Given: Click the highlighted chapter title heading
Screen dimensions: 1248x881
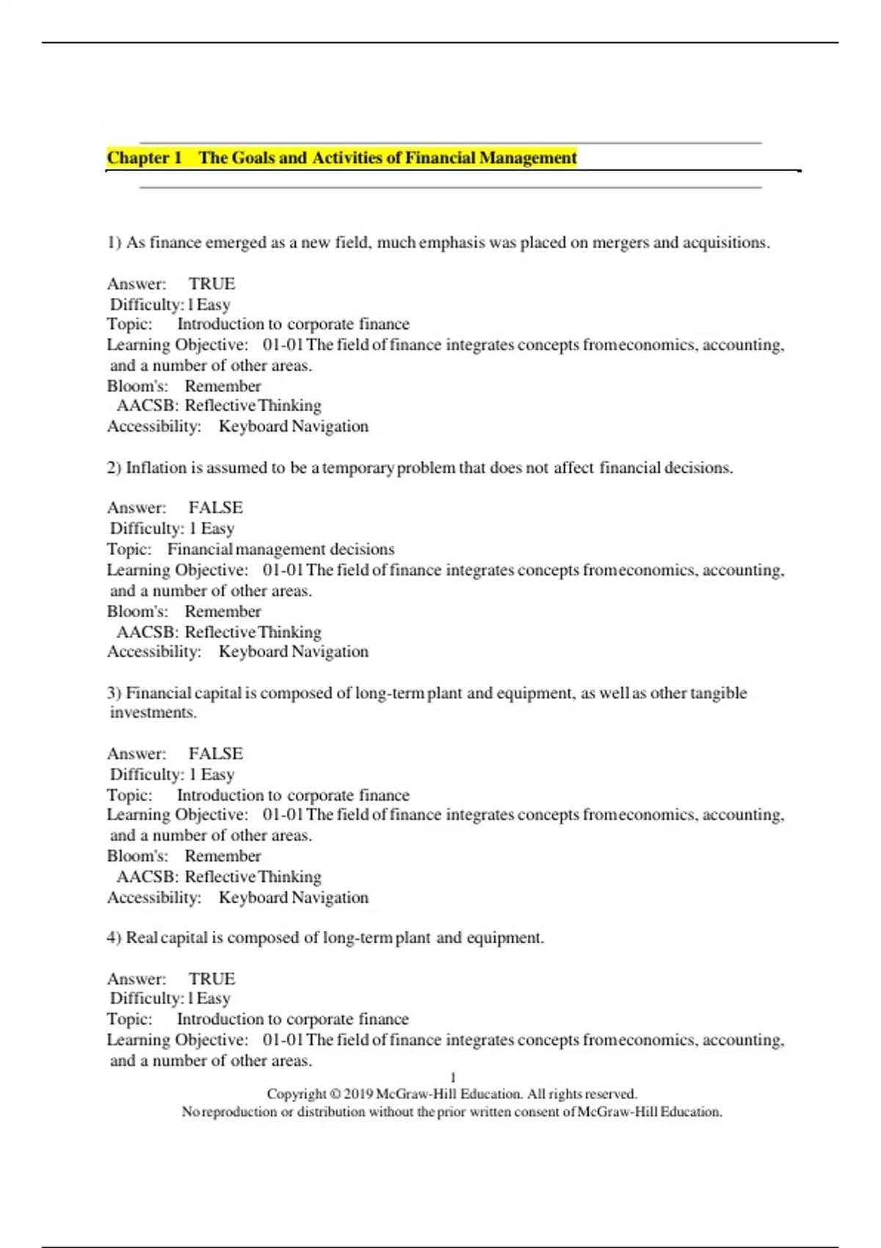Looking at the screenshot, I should tap(342, 158).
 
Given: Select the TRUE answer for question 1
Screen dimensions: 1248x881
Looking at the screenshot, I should tap(211, 284).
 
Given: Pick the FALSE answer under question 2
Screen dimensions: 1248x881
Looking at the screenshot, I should tap(215, 508).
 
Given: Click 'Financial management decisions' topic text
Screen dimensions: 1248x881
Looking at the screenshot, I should tap(280, 549).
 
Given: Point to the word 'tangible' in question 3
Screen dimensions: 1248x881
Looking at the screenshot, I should tap(718, 693).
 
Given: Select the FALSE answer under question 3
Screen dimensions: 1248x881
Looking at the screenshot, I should tap(215, 754).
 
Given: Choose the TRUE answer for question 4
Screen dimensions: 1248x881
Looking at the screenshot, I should tap(211, 979).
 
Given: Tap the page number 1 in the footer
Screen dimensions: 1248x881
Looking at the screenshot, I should tap(453, 1078).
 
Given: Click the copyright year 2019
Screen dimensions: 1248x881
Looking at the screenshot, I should tap(358, 1094).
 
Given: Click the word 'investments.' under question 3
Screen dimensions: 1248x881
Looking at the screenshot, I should tap(153, 713).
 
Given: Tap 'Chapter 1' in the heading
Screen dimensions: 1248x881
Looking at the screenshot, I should tap(145, 158).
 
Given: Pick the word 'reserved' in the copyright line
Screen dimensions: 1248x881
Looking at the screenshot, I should tap(612, 1094).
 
